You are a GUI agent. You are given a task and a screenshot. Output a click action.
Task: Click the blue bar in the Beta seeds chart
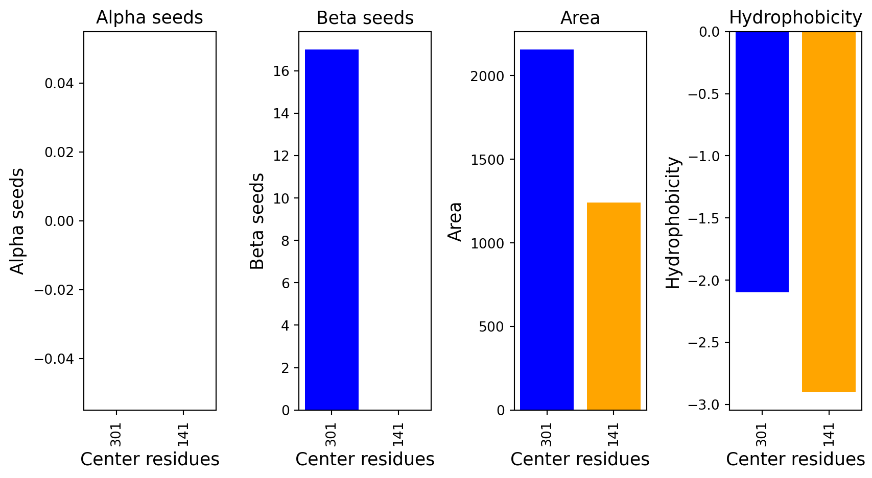[332, 230]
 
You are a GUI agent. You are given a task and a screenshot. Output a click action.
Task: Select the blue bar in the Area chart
[547, 230]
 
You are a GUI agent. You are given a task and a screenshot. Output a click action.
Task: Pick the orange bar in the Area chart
[614, 306]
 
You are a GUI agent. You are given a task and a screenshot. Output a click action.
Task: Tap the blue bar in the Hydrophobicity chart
[762, 162]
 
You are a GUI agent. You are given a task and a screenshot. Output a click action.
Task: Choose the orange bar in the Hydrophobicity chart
[829, 211]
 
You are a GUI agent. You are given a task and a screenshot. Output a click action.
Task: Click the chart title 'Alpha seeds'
[150, 18]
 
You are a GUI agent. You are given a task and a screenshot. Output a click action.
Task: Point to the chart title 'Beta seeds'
[365, 18]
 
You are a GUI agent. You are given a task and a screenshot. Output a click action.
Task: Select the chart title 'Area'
[580, 18]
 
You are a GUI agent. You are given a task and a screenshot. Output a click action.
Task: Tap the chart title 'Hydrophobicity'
[795, 18]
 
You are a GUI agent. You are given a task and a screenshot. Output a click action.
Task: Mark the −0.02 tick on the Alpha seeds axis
[54, 290]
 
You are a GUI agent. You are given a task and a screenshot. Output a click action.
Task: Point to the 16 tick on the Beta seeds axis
[280, 71]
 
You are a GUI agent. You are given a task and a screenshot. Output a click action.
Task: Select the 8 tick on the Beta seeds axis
[285, 241]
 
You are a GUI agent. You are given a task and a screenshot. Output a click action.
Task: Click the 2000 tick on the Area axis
[487, 76]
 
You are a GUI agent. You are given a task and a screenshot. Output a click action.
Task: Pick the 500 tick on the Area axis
[491, 327]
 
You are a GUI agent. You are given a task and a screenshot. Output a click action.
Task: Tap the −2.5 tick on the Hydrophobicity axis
[703, 343]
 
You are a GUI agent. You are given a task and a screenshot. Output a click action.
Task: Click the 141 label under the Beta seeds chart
[398, 434]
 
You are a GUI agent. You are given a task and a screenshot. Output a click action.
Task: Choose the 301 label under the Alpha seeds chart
[116, 434]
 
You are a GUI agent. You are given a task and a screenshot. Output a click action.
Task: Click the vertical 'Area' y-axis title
[455, 221]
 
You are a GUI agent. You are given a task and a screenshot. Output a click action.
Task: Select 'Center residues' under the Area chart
[580, 459]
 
